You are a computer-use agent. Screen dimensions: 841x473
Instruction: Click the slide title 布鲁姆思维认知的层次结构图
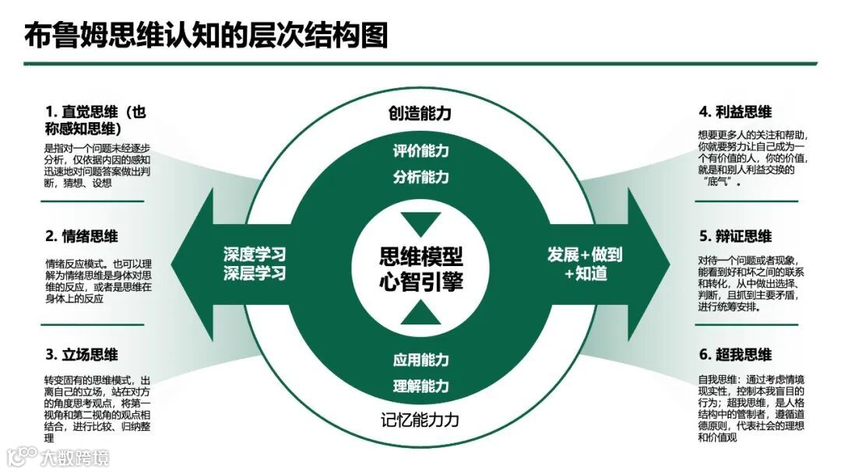[206, 36]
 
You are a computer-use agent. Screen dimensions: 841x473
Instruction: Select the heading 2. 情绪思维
[81, 236]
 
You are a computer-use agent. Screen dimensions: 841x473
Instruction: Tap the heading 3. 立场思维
[81, 355]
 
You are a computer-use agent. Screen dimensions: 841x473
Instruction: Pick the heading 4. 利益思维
[735, 112]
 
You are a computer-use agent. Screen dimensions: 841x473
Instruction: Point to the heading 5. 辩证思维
[735, 236]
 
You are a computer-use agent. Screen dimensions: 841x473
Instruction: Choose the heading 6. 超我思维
[735, 355]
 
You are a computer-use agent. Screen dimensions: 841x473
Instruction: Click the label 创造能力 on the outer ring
[420, 114]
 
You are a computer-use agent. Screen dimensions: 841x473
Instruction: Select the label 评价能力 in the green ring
[420, 151]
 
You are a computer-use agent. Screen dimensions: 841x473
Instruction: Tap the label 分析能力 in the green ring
[420, 177]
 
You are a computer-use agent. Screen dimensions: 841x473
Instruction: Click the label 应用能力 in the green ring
[420, 360]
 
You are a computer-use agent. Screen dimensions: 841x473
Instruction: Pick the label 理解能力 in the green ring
[420, 386]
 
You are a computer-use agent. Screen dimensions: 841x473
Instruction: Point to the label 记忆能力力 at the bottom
[420, 421]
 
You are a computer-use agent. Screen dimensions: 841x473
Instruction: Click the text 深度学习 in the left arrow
[255, 254]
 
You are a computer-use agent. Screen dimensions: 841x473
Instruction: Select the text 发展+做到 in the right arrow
[585, 254]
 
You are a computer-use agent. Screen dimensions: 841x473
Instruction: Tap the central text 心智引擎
[420, 282]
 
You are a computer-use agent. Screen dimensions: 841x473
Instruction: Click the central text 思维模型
[420, 256]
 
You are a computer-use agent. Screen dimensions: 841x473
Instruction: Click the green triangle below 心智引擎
[420, 313]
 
